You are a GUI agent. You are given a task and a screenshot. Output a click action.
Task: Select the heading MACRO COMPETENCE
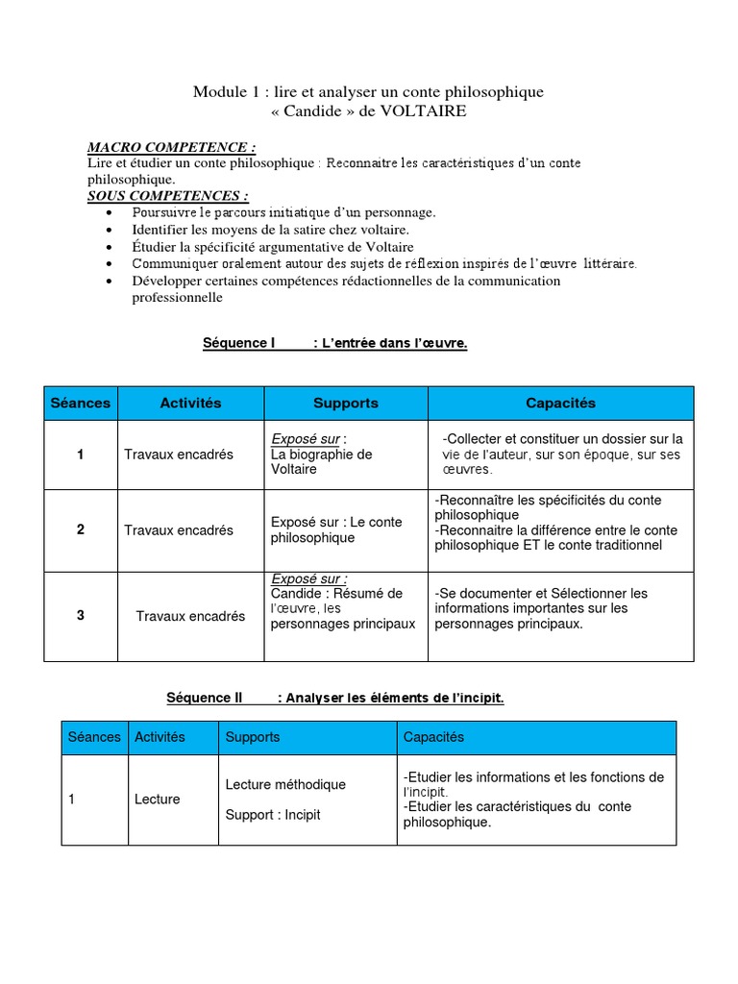click(172, 147)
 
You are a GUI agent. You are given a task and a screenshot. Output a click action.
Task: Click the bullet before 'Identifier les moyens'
click(111, 231)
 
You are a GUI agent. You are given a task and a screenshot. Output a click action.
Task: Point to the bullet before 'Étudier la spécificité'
click(111, 247)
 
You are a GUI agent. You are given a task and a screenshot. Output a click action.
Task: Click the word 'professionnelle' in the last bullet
click(177, 298)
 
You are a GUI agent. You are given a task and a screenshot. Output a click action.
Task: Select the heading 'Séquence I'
click(239, 343)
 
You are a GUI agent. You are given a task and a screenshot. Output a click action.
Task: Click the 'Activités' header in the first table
click(190, 404)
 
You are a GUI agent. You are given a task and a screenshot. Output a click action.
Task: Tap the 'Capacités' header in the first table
click(560, 404)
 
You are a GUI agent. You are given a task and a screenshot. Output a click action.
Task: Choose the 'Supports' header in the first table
click(346, 404)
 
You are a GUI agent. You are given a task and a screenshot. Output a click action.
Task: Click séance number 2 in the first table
click(81, 530)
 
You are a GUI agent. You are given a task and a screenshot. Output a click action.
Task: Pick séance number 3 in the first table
click(81, 616)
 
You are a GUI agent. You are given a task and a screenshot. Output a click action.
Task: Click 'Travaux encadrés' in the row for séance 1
click(179, 455)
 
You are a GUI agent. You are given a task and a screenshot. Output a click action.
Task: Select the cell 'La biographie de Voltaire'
click(321, 461)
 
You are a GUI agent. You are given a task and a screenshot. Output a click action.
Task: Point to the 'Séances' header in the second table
click(94, 737)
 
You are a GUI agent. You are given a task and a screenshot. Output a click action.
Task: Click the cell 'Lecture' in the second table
click(157, 799)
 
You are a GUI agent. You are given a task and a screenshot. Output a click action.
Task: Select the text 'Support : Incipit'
click(273, 815)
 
